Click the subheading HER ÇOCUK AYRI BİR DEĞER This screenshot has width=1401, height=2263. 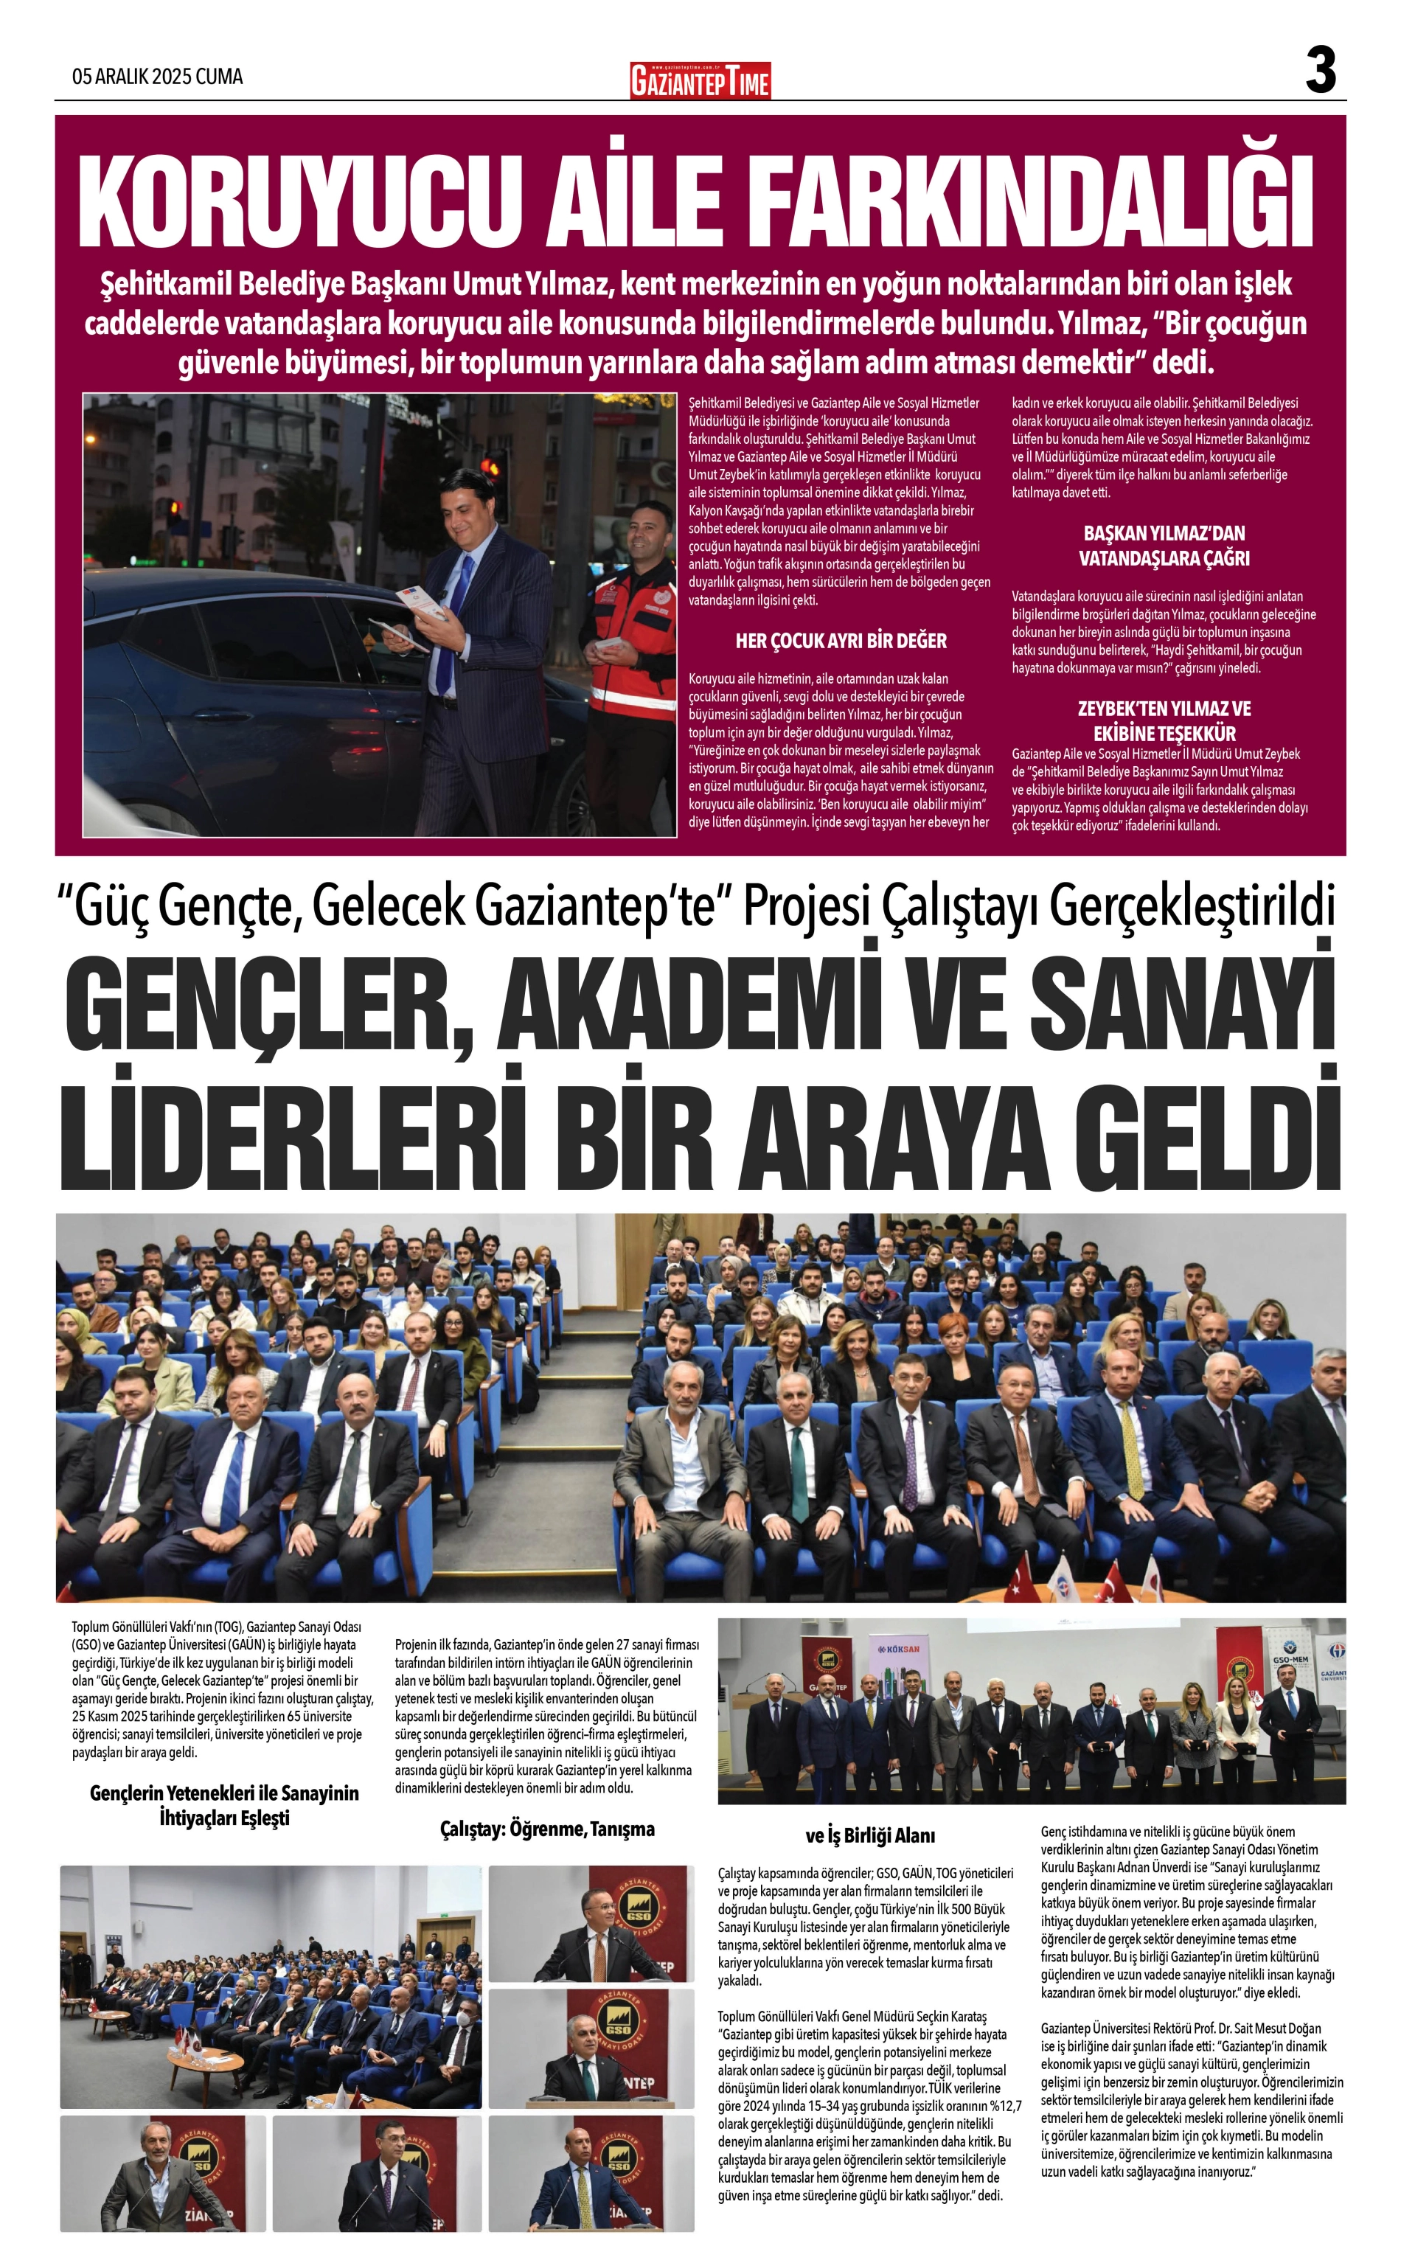click(x=841, y=641)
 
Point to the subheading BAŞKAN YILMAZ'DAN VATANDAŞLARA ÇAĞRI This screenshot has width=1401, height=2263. click(x=1164, y=546)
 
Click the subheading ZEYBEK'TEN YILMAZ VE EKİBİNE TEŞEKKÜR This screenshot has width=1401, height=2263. click(x=1164, y=720)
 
